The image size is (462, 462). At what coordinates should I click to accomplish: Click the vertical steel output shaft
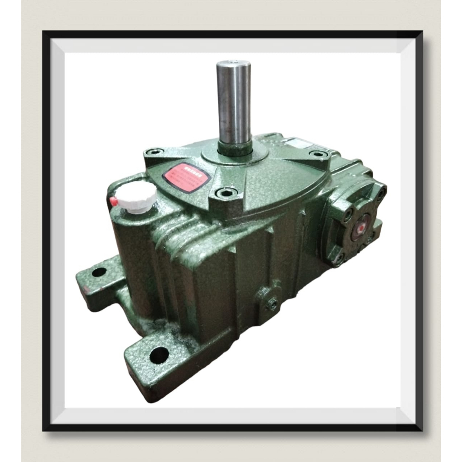233,104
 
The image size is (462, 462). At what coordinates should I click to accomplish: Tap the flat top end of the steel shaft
233,63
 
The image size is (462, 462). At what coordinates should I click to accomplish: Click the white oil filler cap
136,197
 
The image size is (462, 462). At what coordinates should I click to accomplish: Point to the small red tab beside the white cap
113,201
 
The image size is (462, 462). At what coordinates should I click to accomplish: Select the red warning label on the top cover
186,177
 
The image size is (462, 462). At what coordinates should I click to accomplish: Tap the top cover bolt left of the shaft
155,152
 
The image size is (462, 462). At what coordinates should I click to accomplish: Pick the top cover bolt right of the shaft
319,154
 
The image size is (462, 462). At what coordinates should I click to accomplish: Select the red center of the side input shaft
360,228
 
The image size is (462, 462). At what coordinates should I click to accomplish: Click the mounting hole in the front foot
159,355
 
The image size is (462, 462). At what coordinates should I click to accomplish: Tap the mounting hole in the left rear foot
99,272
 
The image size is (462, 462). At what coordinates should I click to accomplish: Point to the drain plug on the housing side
272,304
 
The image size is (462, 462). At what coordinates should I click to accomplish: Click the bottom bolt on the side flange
337,258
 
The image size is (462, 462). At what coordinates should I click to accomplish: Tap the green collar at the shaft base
234,148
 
